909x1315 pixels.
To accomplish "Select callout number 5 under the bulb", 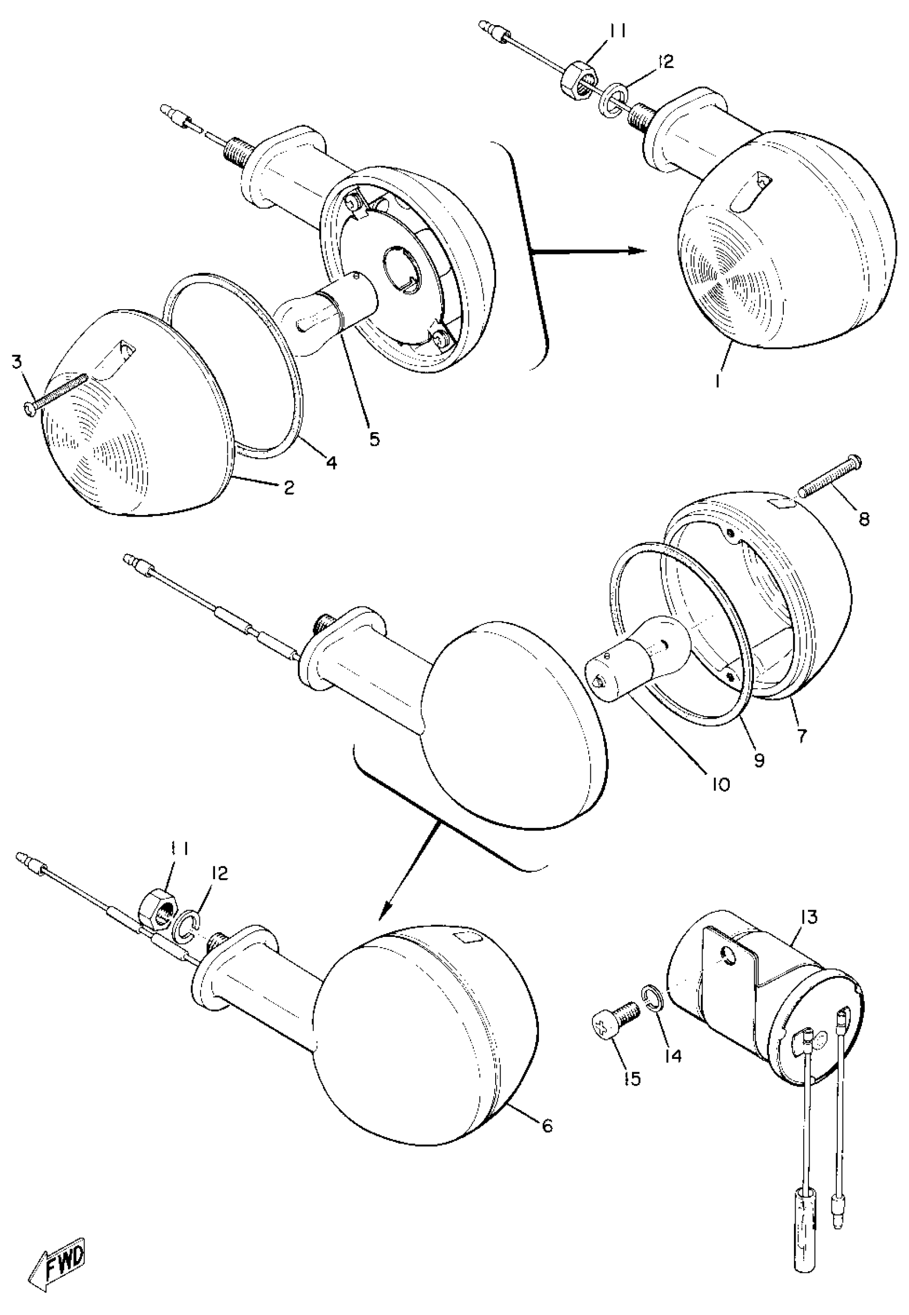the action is (374, 439).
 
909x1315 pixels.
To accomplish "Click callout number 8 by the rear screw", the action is (864, 519).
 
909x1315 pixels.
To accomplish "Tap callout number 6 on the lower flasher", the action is (547, 1125).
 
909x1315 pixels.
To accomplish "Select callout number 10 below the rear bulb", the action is (720, 785).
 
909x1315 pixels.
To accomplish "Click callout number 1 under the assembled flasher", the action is (719, 380).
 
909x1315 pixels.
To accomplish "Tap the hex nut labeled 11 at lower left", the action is (157, 909).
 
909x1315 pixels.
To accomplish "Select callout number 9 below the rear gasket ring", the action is (759, 760).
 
